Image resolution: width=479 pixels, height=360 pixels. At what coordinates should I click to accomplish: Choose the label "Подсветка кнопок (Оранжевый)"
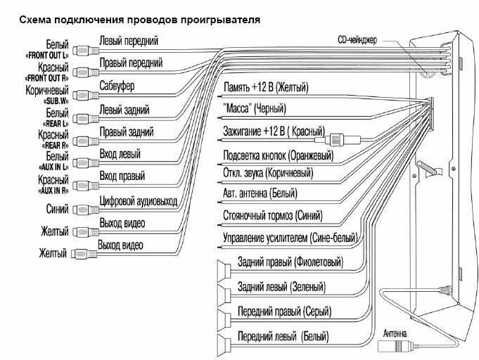tap(278, 155)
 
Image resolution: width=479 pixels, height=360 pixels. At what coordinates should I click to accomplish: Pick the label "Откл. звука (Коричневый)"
tap(268, 173)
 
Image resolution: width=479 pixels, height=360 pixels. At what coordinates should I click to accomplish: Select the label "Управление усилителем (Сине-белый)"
tap(289, 239)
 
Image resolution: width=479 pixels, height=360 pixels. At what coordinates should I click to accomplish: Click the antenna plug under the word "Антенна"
tap(397, 346)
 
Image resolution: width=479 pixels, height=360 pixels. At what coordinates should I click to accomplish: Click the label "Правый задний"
tap(127, 132)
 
